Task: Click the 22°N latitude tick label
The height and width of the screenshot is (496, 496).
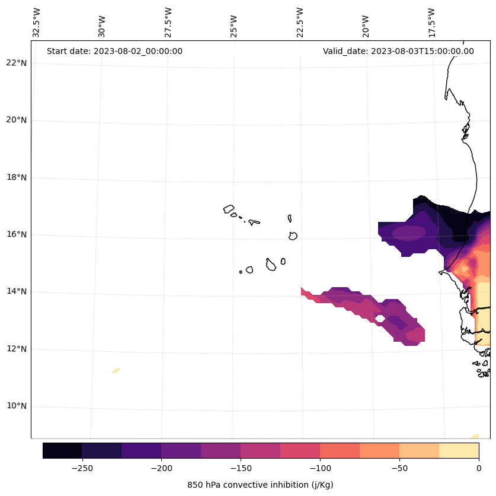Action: (x=16, y=63)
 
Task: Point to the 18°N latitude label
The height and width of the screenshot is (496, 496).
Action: (x=16, y=177)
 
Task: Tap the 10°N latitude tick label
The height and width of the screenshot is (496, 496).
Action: (x=16, y=406)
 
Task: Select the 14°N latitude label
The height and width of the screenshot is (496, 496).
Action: (x=16, y=292)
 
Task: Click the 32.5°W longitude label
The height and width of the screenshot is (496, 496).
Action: (x=37, y=23)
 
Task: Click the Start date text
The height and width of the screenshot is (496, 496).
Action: (x=114, y=51)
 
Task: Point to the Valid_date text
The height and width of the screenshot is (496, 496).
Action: (x=398, y=51)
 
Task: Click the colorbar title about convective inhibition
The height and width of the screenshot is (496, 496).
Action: (x=260, y=485)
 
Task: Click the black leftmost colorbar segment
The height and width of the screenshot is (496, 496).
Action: (x=62, y=450)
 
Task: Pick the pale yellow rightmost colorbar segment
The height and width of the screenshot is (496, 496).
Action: (x=459, y=450)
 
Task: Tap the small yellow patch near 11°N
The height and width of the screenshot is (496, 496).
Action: (x=116, y=371)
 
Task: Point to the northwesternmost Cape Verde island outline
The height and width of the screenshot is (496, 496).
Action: (x=229, y=209)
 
